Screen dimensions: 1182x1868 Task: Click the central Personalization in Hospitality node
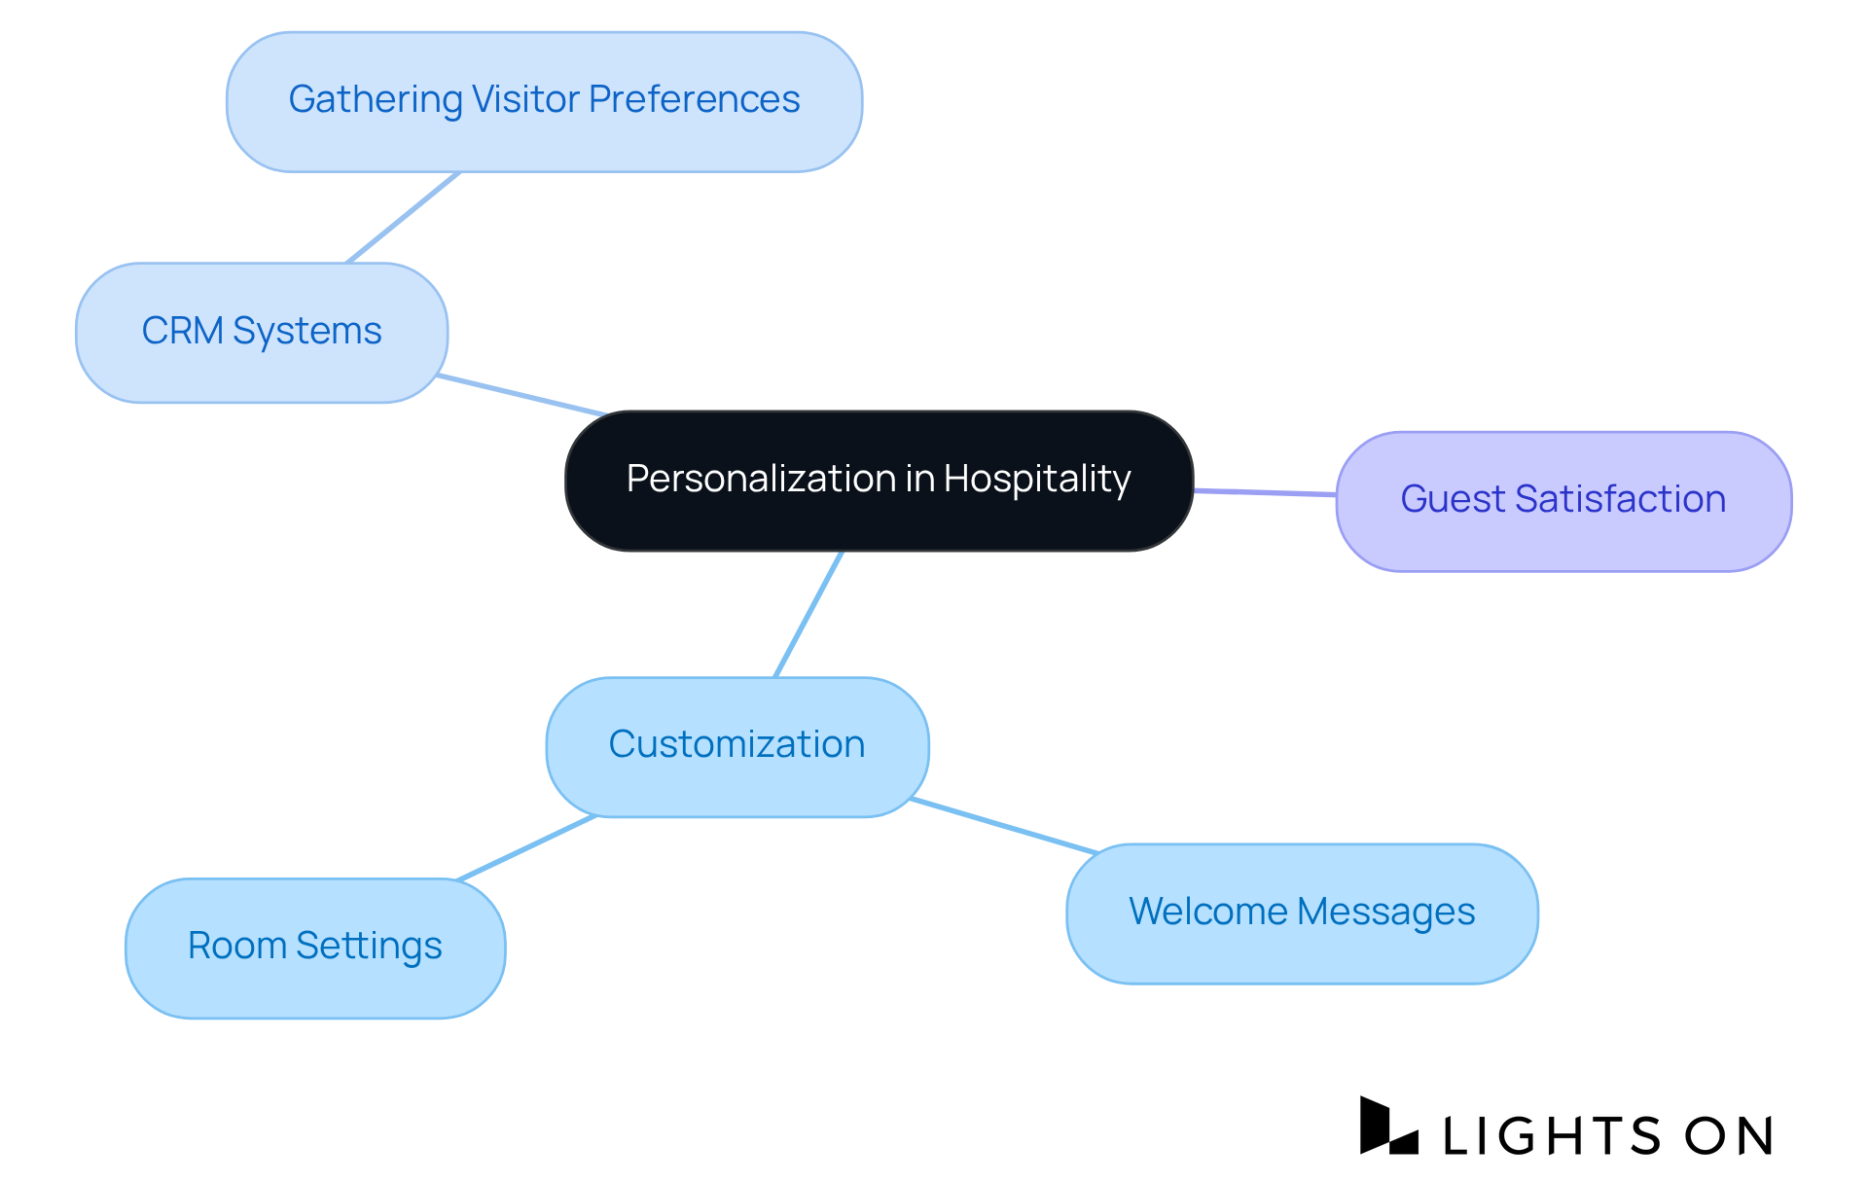(x=879, y=481)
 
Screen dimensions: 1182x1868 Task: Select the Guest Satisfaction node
(x=1563, y=501)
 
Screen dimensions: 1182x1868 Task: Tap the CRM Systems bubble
(x=261, y=333)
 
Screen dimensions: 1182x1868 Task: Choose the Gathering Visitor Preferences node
(x=544, y=101)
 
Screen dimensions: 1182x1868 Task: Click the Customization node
(x=736, y=746)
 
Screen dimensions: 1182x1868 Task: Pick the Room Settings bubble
(x=314, y=948)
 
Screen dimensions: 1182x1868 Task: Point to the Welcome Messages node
(x=1302, y=913)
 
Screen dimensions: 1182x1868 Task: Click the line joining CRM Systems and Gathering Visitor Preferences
(x=403, y=218)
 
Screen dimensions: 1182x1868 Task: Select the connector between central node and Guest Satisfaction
(x=1265, y=493)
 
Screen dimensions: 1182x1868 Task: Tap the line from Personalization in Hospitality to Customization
(x=808, y=614)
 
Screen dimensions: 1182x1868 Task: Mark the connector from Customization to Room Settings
(x=526, y=848)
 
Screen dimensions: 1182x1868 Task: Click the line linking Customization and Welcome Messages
(x=1004, y=826)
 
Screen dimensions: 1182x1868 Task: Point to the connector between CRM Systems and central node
(x=521, y=395)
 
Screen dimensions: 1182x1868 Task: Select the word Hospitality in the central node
(x=1036, y=479)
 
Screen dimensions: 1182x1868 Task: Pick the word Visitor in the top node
(x=525, y=99)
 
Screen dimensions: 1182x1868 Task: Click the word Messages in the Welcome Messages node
(x=1385, y=912)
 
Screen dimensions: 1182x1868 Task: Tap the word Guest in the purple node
(x=1452, y=499)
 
